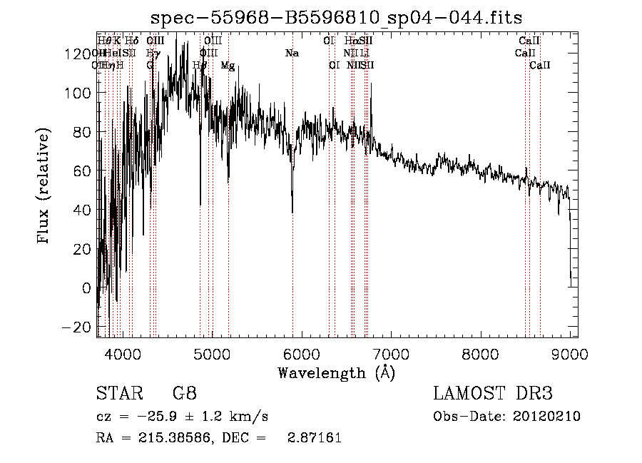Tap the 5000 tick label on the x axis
[x=212, y=355]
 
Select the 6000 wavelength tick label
[x=302, y=355]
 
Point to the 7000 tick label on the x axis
[x=391, y=355]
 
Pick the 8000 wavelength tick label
[x=481, y=355]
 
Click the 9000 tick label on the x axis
[x=570, y=355]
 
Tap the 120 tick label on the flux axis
[x=81, y=54]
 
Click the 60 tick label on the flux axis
[x=85, y=171]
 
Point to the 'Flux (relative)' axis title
[x=44, y=185]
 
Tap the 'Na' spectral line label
[x=291, y=54]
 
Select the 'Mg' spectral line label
[x=228, y=66]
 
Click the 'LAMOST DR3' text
[x=493, y=394]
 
